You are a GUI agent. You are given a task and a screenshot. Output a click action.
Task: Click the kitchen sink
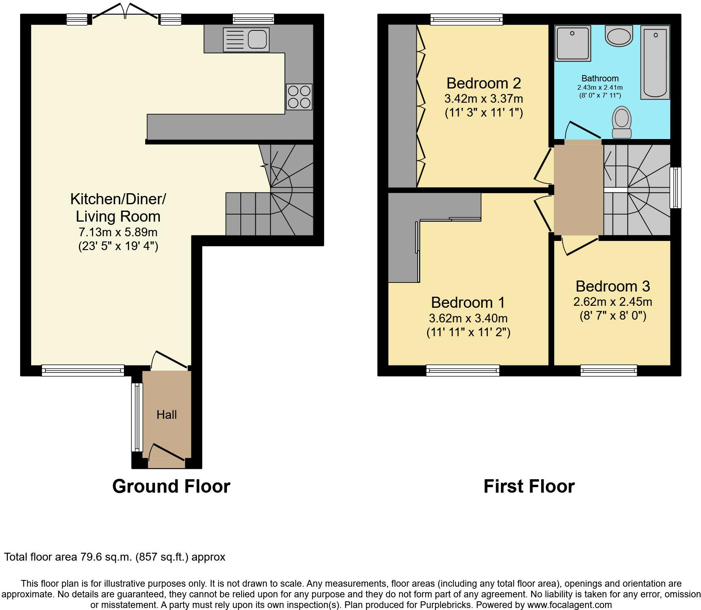click(x=246, y=40)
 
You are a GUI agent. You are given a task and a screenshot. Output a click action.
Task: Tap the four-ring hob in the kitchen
click(x=299, y=97)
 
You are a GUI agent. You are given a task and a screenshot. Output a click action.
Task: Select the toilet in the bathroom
click(x=622, y=122)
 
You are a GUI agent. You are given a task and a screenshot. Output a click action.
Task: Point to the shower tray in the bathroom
click(x=573, y=43)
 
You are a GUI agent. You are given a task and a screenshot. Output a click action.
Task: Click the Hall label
click(x=167, y=414)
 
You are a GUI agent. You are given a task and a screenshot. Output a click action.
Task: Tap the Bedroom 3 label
click(x=613, y=286)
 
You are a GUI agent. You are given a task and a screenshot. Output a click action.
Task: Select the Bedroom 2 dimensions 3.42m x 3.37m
click(x=484, y=98)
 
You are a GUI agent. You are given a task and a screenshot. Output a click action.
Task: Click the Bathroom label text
click(x=600, y=78)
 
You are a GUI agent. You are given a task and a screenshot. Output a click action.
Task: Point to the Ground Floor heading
click(x=171, y=486)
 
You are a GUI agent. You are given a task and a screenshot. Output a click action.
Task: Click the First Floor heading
click(x=529, y=486)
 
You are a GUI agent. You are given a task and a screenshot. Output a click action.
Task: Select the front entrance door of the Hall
click(x=167, y=452)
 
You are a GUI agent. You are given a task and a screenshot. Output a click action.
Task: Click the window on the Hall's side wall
click(x=137, y=417)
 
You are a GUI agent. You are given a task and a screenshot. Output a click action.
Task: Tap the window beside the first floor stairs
click(x=675, y=188)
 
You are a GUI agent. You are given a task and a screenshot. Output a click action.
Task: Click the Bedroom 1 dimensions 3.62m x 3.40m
click(x=468, y=318)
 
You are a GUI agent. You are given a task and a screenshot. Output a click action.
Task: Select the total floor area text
click(x=114, y=557)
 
